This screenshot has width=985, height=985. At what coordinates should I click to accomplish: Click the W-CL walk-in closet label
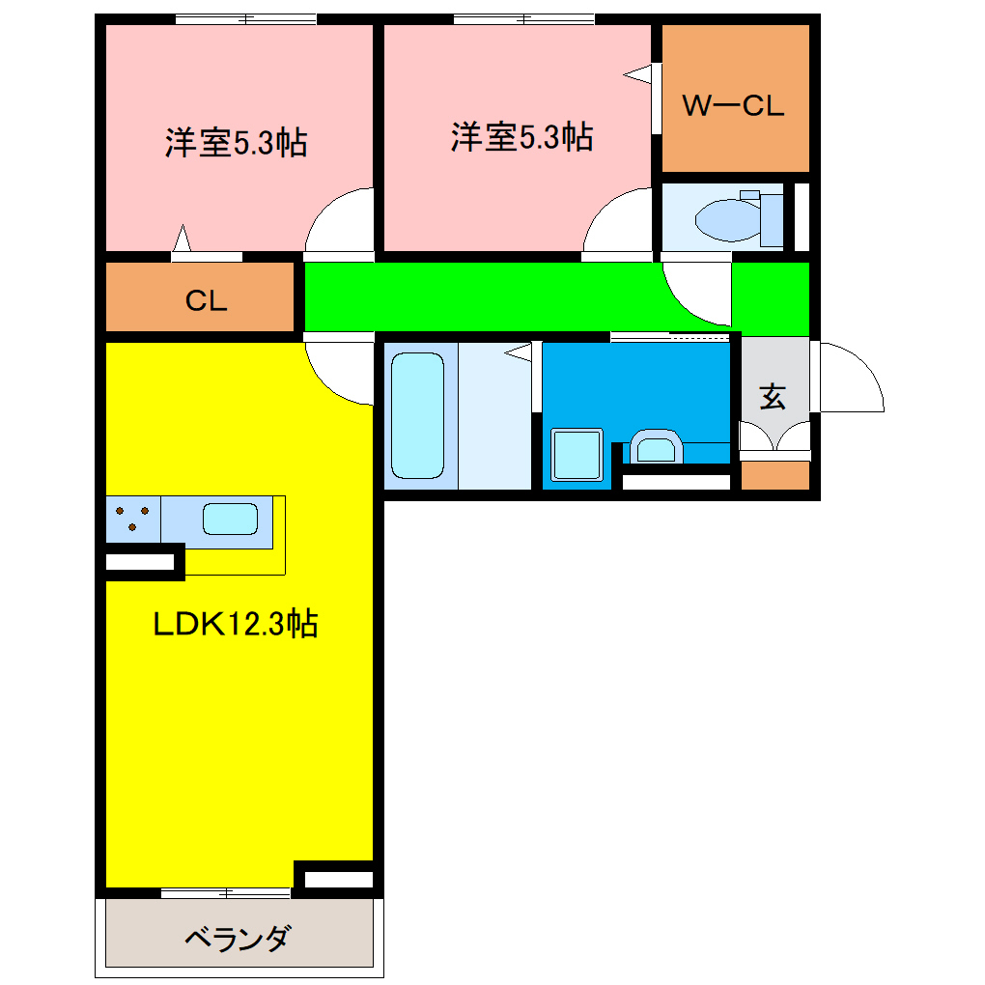(734, 105)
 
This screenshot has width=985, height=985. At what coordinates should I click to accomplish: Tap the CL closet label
(206, 301)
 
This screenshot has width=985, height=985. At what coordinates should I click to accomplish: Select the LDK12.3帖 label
(236, 625)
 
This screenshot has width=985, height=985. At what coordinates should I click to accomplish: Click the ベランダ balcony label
(237, 938)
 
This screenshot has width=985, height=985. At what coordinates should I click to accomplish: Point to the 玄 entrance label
(772, 397)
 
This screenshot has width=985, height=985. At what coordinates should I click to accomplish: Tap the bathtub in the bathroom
(417, 415)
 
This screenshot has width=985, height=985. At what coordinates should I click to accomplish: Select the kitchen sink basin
(230, 520)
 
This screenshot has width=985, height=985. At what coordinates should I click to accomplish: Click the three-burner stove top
(133, 521)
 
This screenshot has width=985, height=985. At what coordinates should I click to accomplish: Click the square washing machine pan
(577, 454)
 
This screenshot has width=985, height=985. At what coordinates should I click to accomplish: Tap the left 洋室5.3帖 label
(236, 144)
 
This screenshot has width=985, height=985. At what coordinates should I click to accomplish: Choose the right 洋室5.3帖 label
(521, 137)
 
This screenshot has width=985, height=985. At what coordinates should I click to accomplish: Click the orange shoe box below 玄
(774, 475)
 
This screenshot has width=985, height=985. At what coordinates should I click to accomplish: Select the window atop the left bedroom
(246, 18)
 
